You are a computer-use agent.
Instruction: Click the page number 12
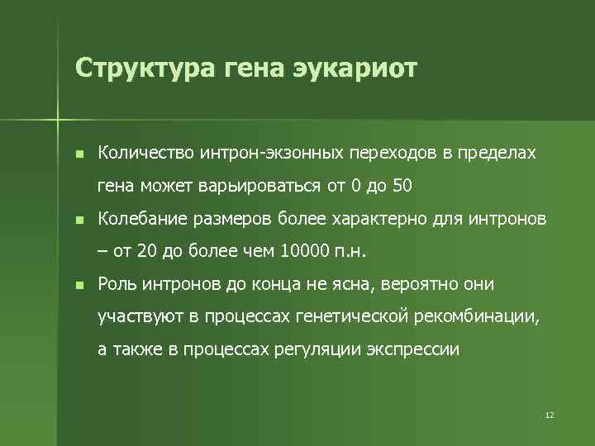(x=550, y=414)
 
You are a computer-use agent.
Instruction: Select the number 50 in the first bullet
(x=402, y=186)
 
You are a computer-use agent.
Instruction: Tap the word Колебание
(x=144, y=219)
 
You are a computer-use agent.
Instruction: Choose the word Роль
(x=117, y=284)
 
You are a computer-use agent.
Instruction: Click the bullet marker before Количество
(x=78, y=154)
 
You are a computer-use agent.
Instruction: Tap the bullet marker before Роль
(x=78, y=286)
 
